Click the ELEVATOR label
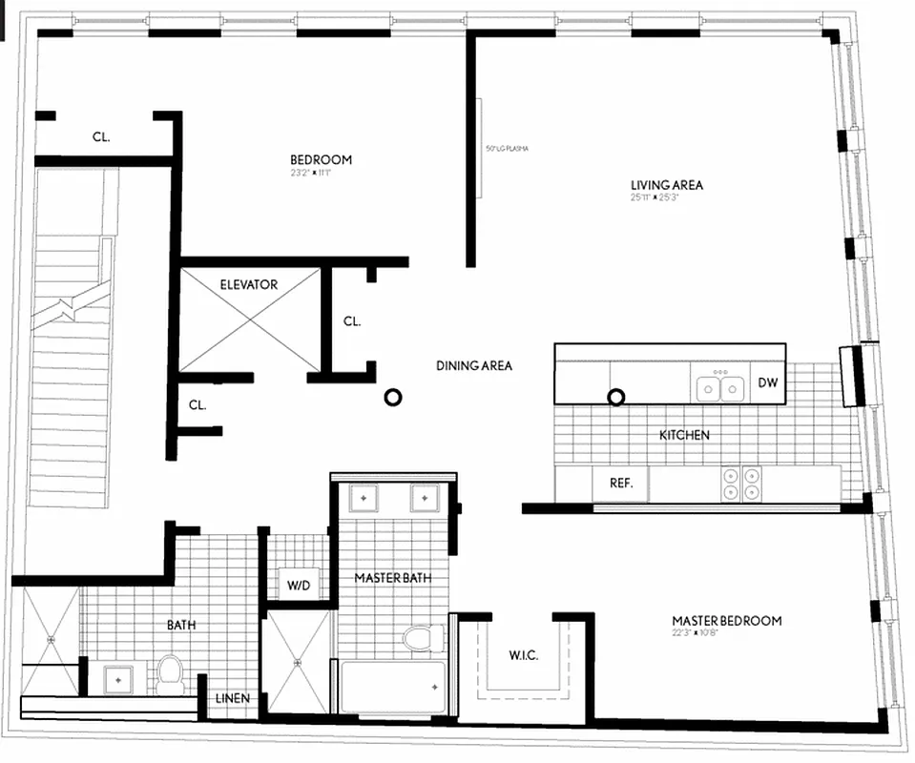coord(248,284)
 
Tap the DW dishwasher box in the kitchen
coord(768,383)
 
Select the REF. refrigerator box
coord(620,484)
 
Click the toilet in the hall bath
coord(171,671)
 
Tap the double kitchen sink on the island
coord(720,388)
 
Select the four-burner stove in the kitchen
coord(742,483)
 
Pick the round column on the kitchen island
coord(616,396)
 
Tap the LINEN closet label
coord(233,698)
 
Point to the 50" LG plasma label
coord(507,149)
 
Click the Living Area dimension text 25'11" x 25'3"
coord(666,198)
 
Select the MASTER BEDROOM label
coord(726,621)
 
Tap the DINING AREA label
coord(474,365)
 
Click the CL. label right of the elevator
coord(352,321)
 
